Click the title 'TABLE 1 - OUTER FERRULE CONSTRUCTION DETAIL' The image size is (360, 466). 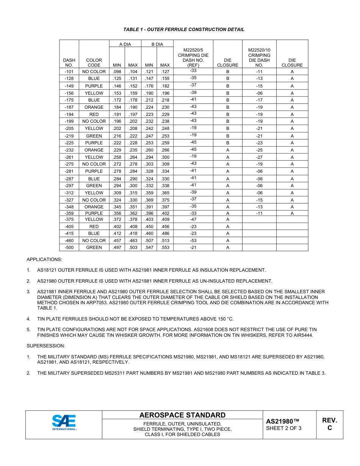click(184, 30)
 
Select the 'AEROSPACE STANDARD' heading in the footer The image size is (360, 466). click(182, 415)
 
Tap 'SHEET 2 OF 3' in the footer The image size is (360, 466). click(283, 428)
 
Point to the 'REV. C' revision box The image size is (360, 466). click(329, 424)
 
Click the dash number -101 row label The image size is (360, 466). click(69, 72)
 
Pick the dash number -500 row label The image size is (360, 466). click(69, 247)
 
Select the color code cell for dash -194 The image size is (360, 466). click(94, 114)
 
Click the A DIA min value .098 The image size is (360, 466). click(117, 72)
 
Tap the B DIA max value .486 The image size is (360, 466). click(165, 233)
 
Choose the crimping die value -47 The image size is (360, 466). click(193, 219)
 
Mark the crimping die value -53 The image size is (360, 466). click(193, 241)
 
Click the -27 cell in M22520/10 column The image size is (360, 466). click(259, 157)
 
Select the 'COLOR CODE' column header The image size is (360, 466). click(94, 63)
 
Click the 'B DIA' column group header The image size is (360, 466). click(157, 44)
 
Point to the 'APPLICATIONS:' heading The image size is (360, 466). click(44, 260)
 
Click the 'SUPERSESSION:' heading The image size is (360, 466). click(45, 346)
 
